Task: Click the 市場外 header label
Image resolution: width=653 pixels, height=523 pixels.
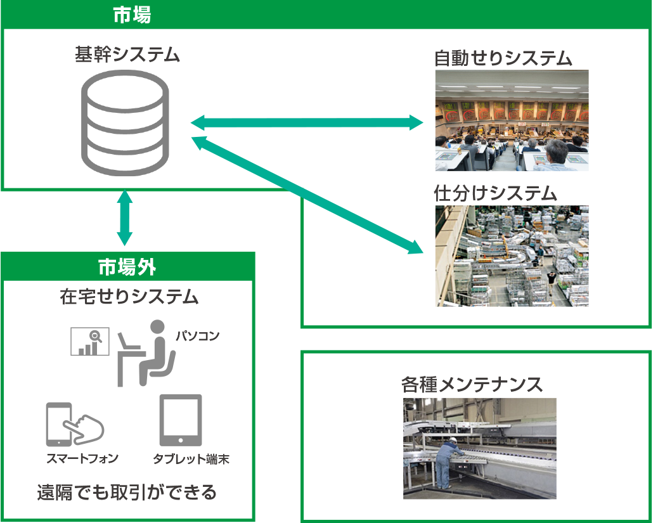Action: pos(127,267)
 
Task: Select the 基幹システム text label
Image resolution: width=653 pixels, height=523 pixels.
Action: pos(127,55)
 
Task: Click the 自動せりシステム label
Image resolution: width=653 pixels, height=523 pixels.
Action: pos(503,59)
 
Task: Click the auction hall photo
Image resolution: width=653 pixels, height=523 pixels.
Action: pos(512,120)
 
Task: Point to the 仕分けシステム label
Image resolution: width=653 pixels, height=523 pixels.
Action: pos(495,193)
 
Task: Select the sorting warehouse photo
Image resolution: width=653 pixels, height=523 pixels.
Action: pos(512,256)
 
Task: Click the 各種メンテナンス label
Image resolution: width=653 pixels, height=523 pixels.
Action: pos(472,384)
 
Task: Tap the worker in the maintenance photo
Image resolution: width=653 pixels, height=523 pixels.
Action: pos(446,462)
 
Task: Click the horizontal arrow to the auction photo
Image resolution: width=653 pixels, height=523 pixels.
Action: pos(307,122)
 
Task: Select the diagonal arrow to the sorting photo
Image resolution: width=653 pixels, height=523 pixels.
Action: pos(307,194)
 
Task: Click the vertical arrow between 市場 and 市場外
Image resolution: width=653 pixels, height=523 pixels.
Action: pos(125,217)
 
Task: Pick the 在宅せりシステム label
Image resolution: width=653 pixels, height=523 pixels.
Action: pos(129,297)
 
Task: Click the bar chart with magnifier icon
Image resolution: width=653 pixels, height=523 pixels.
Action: pos(89,341)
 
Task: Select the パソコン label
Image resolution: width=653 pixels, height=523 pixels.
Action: pos(197,336)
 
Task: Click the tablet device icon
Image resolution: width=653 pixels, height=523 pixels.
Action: pos(181,420)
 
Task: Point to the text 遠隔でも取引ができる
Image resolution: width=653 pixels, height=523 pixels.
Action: pos(127,492)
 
